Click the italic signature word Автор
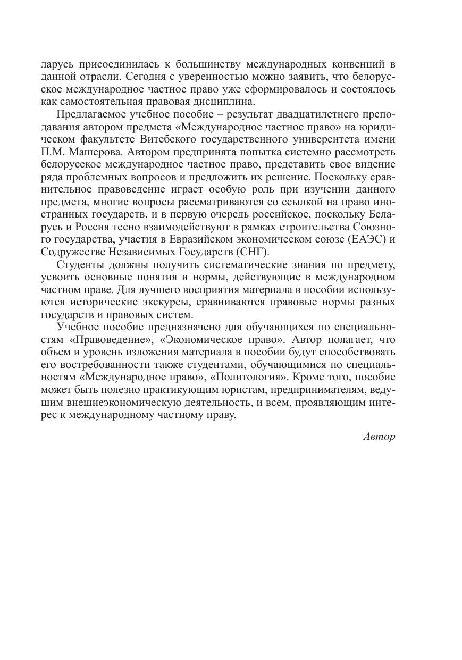(x=380, y=437)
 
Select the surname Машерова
(x=94, y=152)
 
